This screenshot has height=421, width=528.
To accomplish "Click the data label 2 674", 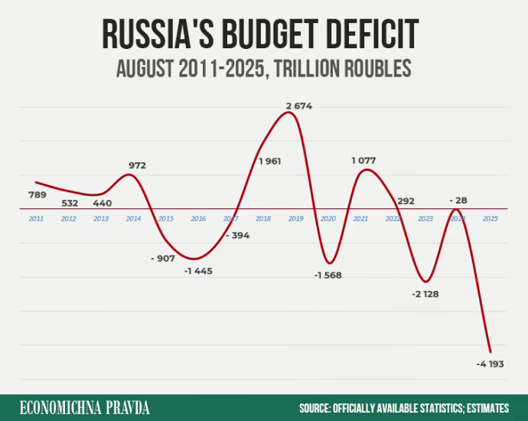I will [x=299, y=106].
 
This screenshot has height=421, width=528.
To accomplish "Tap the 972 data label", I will [x=137, y=165].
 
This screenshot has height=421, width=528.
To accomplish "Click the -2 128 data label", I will [x=425, y=294].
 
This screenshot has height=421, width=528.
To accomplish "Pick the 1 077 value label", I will [x=365, y=160].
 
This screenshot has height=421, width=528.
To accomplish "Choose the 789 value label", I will [x=37, y=194].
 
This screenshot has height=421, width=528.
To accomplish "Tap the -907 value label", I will [x=163, y=258].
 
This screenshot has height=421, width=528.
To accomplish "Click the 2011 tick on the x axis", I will [x=36, y=219].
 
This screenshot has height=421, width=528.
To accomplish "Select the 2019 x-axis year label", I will [x=295, y=219].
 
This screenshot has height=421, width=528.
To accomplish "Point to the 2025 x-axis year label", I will [x=491, y=219].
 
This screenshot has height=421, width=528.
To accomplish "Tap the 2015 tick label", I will [x=165, y=219].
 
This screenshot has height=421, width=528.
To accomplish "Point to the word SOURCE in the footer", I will [x=314, y=408].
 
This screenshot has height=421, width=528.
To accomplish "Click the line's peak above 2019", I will [x=288, y=113].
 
